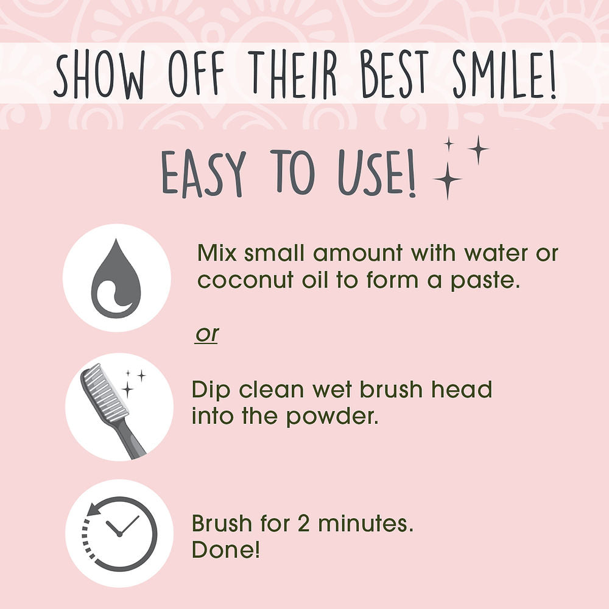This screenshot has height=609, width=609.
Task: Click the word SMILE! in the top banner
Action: (x=504, y=74)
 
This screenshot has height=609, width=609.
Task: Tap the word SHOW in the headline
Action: (x=99, y=74)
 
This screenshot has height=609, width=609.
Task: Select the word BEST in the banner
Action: (x=395, y=74)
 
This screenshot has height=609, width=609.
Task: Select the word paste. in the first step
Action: (x=485, y=281)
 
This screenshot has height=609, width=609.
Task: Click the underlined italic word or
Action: (x=207, y=334)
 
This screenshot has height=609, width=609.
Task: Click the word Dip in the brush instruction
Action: (x=212, y=390)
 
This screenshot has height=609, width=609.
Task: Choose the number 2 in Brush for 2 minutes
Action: (x=304, y=523)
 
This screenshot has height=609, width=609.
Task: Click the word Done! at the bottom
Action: (x=226, y=549)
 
